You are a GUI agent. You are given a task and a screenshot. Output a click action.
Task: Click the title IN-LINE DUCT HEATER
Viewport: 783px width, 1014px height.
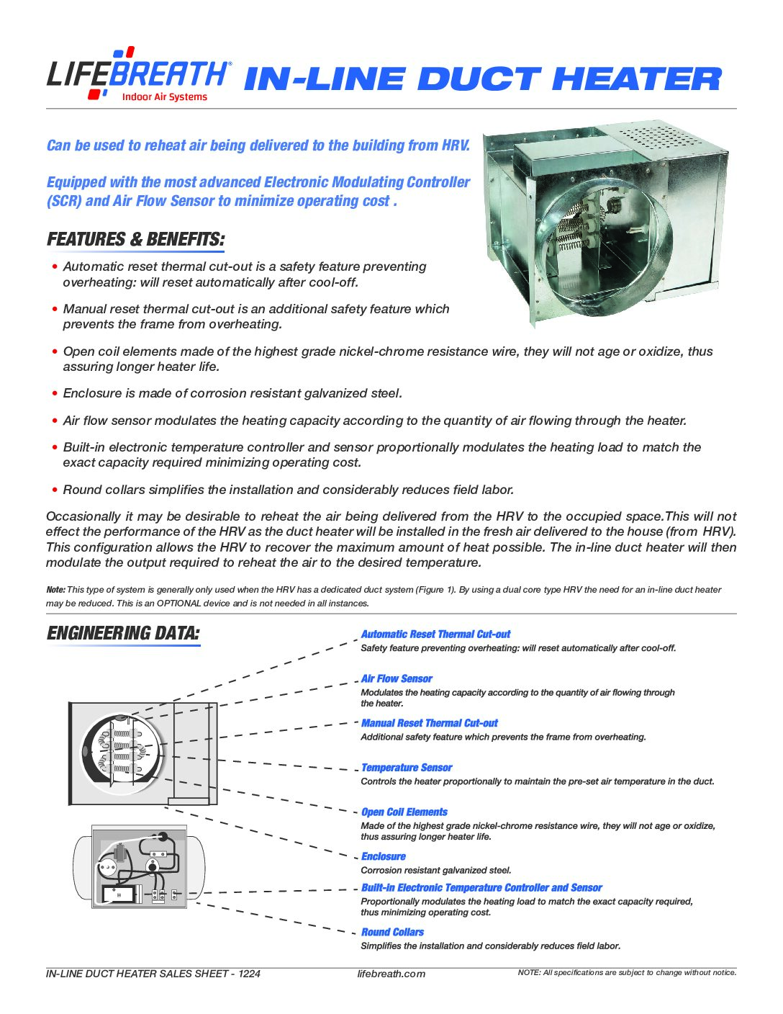pos(482,79)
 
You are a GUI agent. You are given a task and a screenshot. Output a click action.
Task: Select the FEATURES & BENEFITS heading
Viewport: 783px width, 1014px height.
pos(135,239)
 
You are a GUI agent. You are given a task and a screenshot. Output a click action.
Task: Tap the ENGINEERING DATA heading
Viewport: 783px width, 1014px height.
pos(123,634)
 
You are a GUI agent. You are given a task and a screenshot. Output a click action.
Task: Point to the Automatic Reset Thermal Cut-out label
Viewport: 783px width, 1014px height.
pos(435,634)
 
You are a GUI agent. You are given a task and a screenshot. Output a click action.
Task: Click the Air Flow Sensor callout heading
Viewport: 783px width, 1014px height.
pos(397,679)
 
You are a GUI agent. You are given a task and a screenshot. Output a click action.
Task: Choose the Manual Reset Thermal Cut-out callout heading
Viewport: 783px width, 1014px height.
pos(429,723)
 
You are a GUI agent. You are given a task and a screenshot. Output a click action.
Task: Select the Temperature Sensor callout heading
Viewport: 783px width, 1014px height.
pos(407,768)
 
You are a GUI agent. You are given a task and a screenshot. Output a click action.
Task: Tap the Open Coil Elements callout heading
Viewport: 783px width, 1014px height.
pos(404,812)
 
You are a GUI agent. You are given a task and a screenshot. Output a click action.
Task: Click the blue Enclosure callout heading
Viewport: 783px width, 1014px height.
pos(384,857)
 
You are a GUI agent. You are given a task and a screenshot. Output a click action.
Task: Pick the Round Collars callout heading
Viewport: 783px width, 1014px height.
pos(392,933)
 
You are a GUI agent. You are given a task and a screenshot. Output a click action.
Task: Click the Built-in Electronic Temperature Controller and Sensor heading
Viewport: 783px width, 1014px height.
pos(481,888)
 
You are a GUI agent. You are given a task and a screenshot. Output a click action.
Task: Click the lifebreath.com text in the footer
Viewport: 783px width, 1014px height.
pos(391,974)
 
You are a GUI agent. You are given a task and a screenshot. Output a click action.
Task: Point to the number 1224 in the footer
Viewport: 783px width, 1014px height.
pos(249,974)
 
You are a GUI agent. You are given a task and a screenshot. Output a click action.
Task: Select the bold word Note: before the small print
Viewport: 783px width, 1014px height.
pos(55,590)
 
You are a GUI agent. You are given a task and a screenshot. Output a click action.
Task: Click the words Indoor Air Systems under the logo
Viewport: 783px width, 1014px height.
pos(164,97)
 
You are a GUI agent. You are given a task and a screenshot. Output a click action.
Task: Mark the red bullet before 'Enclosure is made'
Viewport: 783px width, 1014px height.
pos(55,394)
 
